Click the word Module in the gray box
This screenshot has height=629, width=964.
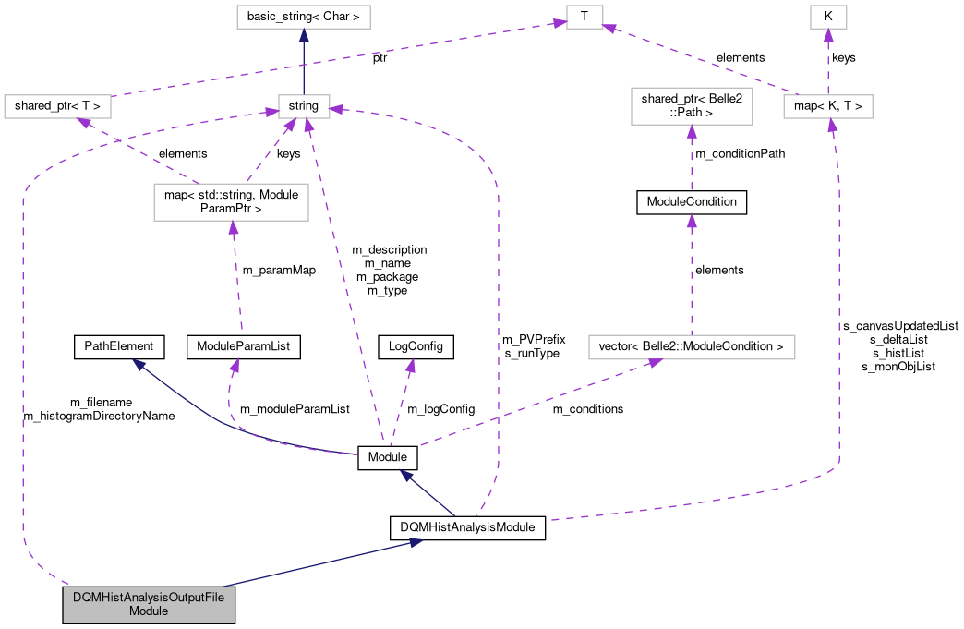[149, 611]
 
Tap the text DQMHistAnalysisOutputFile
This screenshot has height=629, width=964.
[149, 598]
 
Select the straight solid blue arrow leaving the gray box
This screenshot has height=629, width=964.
[314, 564]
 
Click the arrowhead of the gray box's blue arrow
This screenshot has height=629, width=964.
[416, 542]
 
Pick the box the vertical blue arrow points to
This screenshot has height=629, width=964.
[303, 17]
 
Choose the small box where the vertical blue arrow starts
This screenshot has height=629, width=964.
[304, 106]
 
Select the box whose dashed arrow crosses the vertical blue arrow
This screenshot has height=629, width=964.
[57, 106]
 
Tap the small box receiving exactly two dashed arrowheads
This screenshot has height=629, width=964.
[584, 17]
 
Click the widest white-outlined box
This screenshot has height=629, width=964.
[692, 347]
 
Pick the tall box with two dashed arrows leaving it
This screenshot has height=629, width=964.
[231, 202]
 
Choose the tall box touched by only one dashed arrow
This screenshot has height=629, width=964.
[692, 106]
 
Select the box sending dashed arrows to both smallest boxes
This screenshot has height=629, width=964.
[827, 106]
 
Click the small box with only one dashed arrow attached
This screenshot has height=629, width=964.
[828, 17]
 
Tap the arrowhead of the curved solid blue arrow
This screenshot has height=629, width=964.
[139, 364]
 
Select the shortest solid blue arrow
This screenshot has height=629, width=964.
[428, 494]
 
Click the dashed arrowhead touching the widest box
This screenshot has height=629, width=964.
[655, 363]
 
